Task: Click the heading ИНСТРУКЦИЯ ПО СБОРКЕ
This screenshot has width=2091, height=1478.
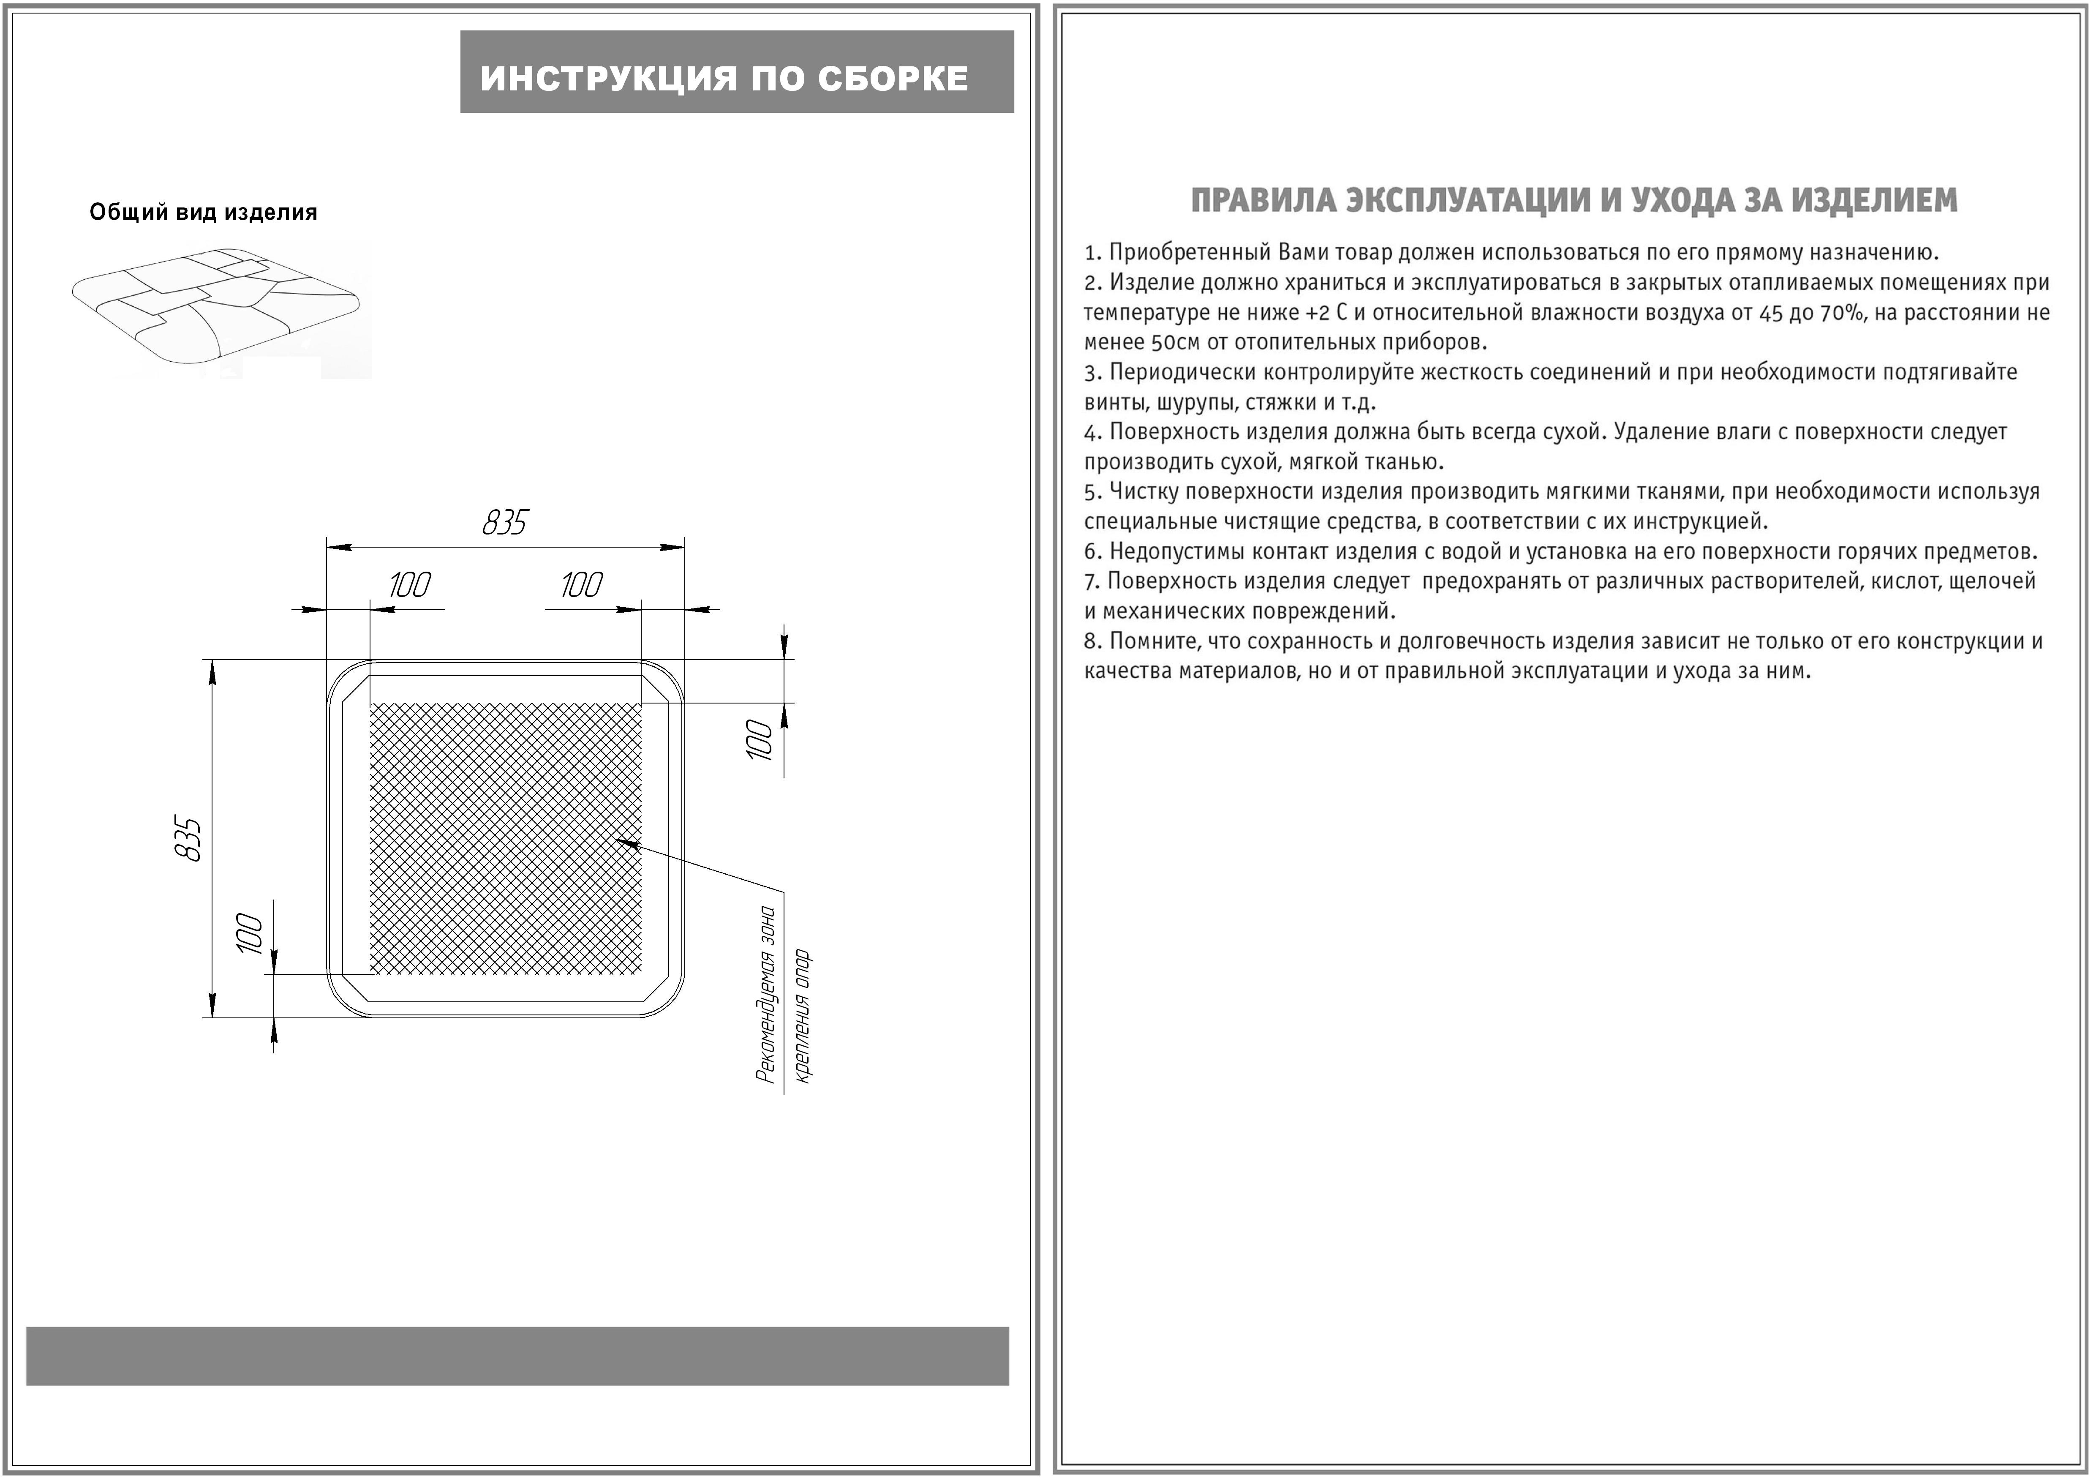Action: pos(724,78)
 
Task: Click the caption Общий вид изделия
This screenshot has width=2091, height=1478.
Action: pos(203,212)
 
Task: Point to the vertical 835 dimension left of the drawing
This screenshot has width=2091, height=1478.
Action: pos(188,839)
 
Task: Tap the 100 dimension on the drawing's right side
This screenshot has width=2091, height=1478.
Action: pos(759,739)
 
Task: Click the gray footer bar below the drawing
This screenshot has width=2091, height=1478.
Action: pos(517,1356)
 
